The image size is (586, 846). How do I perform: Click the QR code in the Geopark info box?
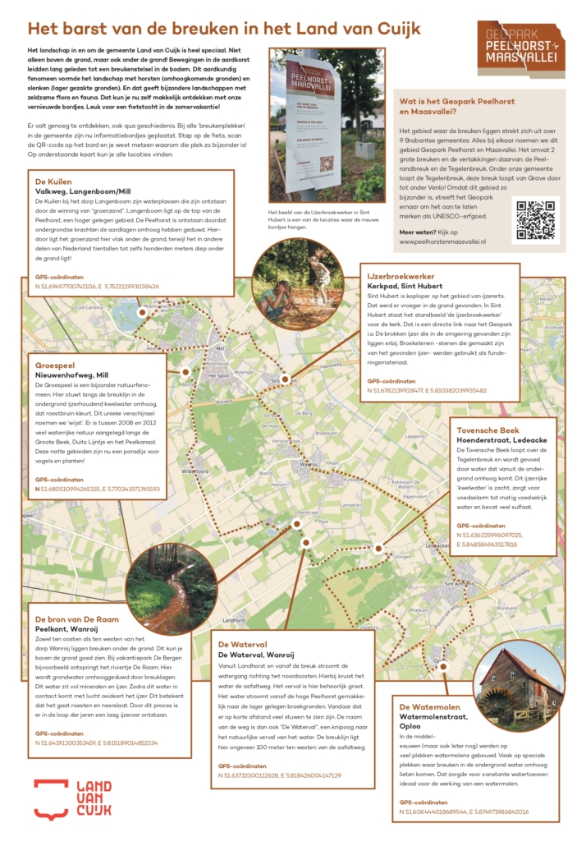535,219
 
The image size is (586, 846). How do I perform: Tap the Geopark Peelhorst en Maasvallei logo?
521,44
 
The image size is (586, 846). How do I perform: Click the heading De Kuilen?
53,181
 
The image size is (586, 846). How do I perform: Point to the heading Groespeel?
54,364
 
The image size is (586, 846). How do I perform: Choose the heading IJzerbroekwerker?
401,276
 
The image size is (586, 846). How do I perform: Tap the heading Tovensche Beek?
488,430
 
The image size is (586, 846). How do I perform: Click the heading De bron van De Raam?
76,618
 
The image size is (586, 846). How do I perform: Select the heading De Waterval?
245,643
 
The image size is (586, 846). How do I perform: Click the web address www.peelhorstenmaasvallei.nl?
442,241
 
